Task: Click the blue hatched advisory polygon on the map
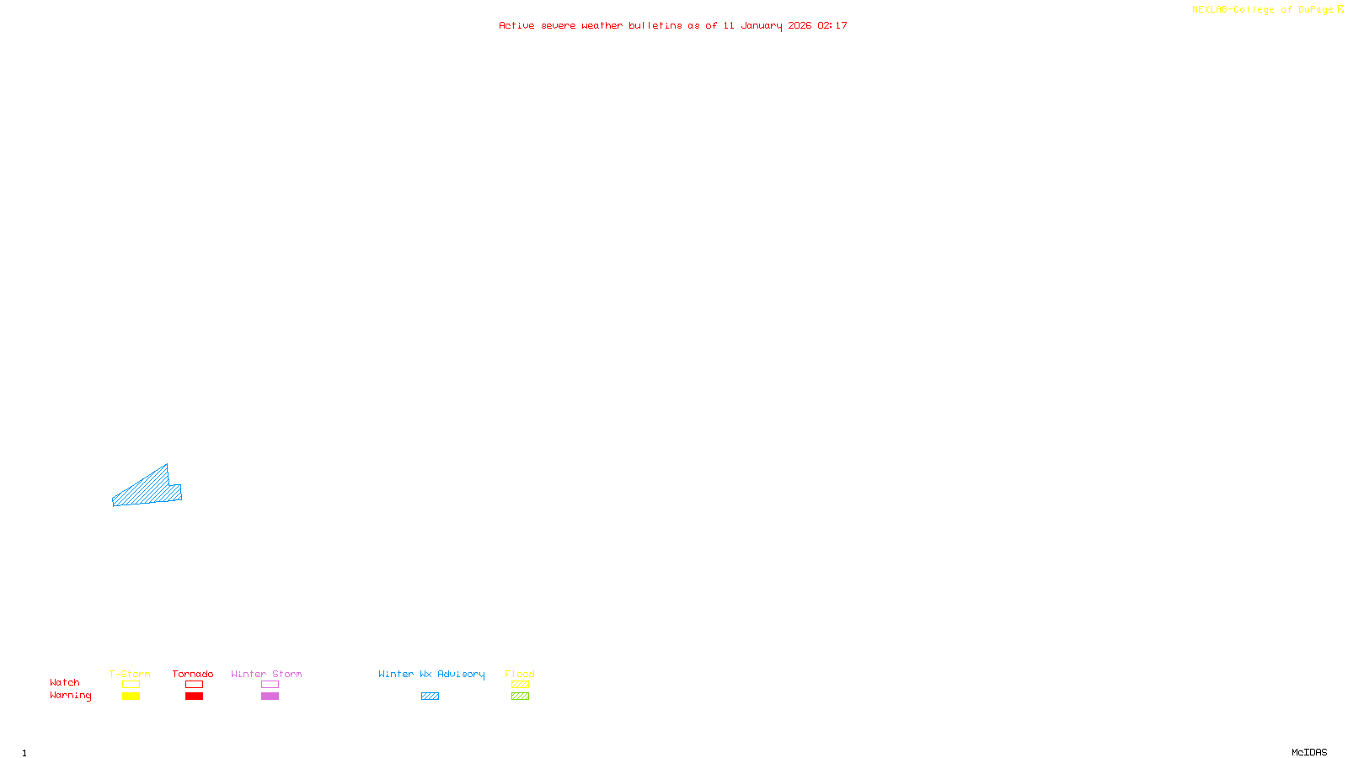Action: point(148,489)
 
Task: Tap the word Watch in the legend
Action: point(65,682)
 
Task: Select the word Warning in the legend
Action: point(71,696)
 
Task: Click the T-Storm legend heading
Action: point(130,674)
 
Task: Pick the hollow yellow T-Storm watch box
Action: point(131,685)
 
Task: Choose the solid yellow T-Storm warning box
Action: point(131,697)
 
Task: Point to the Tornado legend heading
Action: point(193,674)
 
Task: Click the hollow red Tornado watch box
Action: point(194,685)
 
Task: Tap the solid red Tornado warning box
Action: point(194,697)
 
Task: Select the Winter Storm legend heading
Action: point(266,674)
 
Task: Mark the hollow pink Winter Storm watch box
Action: point(270,685)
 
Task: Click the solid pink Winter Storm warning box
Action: point(270,697)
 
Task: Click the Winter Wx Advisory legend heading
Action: point(431,674)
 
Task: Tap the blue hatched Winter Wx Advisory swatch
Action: point(430,697)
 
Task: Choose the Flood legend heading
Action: point(520,674)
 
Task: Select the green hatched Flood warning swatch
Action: point(520,697)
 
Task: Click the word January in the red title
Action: point(761,25)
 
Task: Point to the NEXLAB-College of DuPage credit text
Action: point(1263,10)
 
